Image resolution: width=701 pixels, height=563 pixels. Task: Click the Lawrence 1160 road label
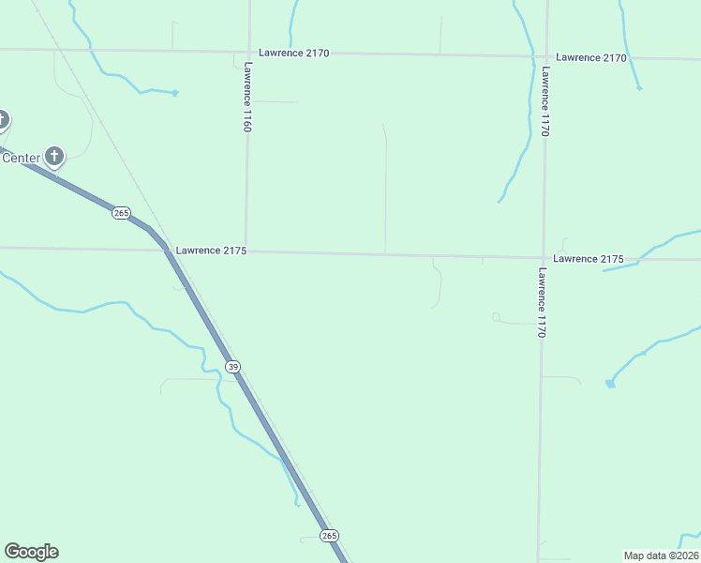(x=247, y=97)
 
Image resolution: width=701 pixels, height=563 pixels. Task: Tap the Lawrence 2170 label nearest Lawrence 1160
(x=294, y=53)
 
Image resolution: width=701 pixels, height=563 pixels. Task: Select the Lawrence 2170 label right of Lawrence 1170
(x=590, y=57)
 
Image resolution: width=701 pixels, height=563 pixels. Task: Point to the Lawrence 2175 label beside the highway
(x=211, y=251)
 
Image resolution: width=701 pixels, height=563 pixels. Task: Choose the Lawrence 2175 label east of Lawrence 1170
(x=589, y=258)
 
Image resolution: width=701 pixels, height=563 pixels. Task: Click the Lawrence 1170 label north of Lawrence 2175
(x=544, y=102)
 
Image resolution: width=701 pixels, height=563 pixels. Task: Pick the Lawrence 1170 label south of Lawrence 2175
(x=542, y=302)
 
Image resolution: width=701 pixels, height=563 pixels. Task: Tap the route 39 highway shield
(x=232, y=366)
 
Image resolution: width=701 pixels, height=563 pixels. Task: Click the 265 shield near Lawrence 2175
(x=121, y=213)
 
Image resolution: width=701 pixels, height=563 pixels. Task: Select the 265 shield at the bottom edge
(x=329, y=535)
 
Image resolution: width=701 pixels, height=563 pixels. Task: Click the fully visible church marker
(x=55, y=156)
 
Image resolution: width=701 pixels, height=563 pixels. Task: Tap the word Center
(x=21, y=158)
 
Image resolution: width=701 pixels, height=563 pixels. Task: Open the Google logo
(x=31, y=552)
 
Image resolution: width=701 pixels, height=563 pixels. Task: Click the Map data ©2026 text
(x=661, y=555)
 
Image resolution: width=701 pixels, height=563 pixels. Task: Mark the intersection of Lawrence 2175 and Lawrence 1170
(x=543, y=256)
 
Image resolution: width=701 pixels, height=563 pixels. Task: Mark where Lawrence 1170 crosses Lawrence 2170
(x=545, y=55)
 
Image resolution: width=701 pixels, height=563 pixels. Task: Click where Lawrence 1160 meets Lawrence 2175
(x=246, y=251)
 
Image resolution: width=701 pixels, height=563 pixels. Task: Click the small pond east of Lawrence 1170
(x=610, y=383)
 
